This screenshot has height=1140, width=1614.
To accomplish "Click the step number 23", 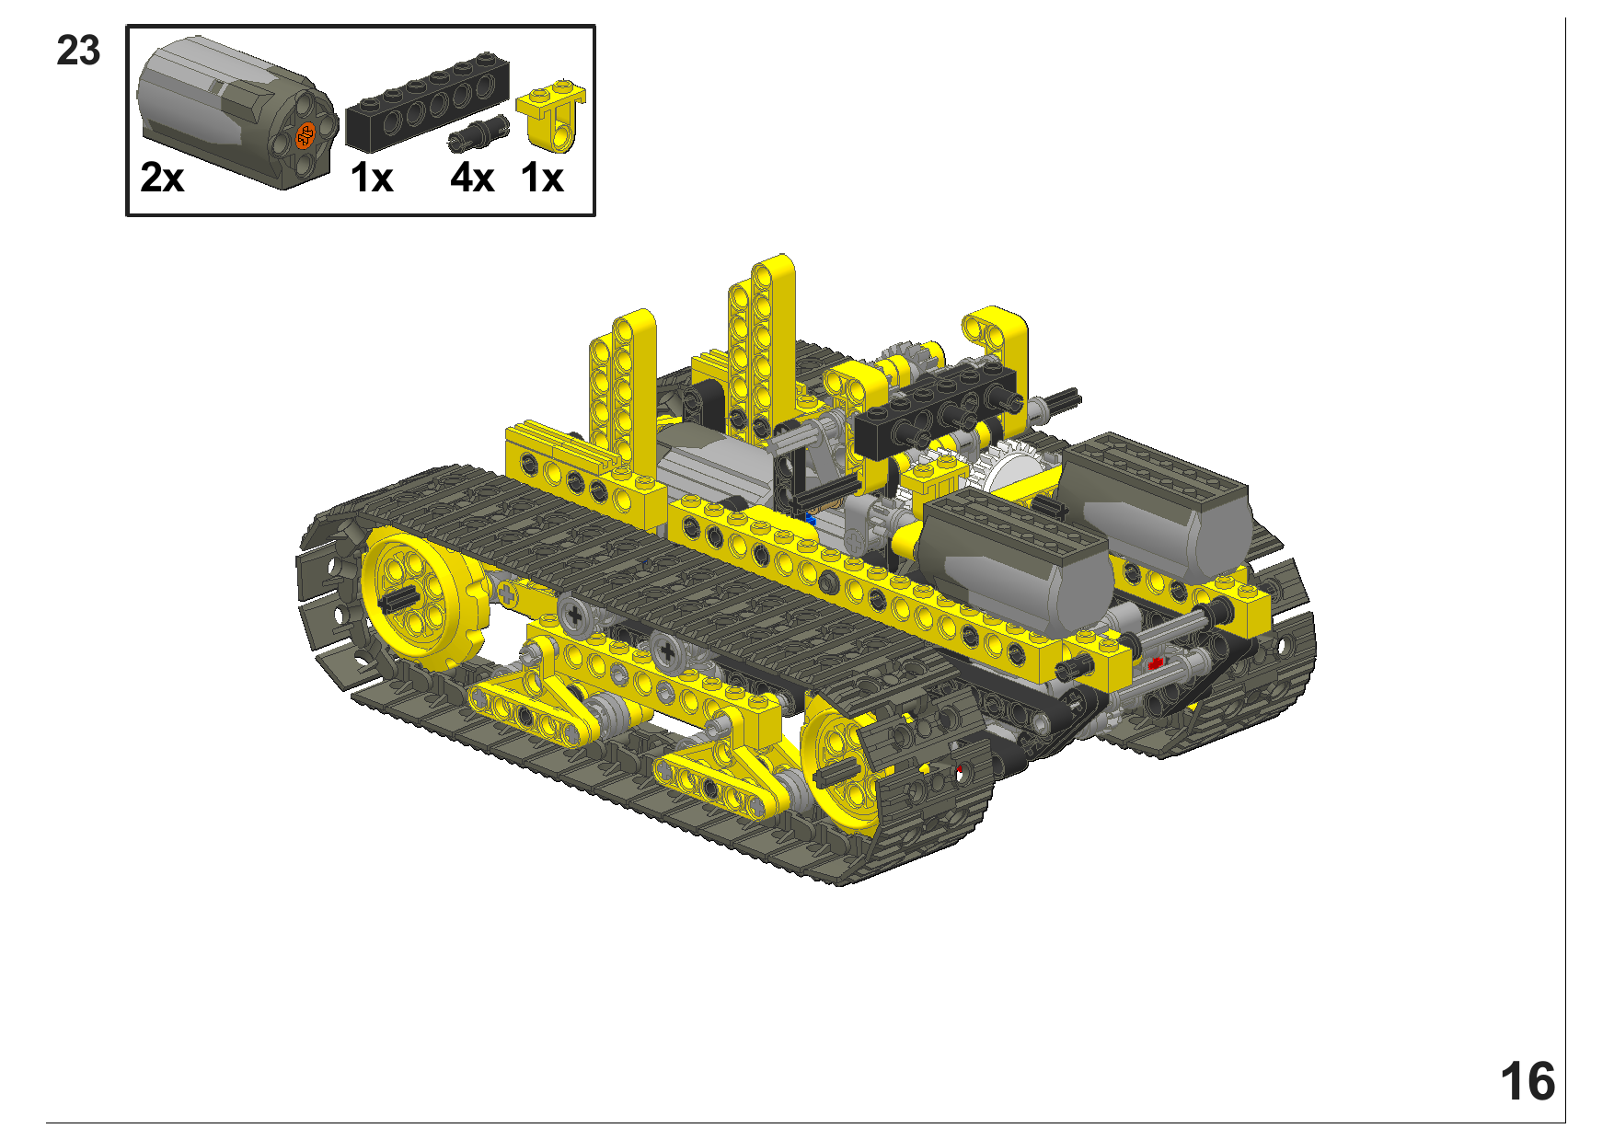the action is [78, 51].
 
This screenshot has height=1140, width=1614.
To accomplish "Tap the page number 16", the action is [1528, 1081].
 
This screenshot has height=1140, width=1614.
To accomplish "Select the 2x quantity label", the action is [162, 178].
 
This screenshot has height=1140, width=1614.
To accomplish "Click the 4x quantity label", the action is [472, 178].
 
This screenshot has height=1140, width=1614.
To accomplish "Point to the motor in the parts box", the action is [237, 112].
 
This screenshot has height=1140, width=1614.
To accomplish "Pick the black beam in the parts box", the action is [427, 102].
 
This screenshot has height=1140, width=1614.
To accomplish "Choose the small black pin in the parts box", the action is [478, 133].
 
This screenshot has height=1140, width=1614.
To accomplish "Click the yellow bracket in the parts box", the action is [551, 116].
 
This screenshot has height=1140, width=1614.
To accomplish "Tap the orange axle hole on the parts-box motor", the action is [306, 135].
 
